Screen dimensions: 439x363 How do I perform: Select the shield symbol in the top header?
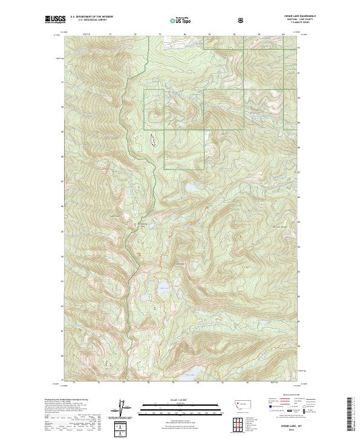pyautogui.click(x=242, y=20)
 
